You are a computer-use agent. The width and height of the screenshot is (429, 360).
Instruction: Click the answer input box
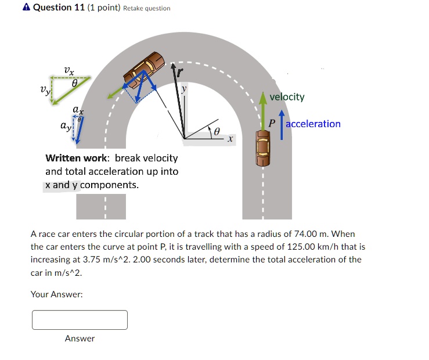[80, 320]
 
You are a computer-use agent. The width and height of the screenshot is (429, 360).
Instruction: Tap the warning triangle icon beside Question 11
[26, 8]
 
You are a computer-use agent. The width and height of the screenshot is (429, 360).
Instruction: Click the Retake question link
[147, 8]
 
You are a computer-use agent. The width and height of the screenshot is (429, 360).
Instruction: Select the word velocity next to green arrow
[287, 96]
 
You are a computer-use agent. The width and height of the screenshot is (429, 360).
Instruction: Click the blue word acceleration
[313, 124]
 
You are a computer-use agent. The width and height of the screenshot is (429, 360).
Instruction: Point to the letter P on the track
[271, 124]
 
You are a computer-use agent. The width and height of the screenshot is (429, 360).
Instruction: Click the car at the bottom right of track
[263, 149]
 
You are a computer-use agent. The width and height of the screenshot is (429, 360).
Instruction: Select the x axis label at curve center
[230, 139]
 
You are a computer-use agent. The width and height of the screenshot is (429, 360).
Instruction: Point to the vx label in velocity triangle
[69, 71]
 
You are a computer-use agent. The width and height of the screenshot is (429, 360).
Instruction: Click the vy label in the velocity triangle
[45, 90]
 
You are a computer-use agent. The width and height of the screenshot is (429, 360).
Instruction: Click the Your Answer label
[56, 294]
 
